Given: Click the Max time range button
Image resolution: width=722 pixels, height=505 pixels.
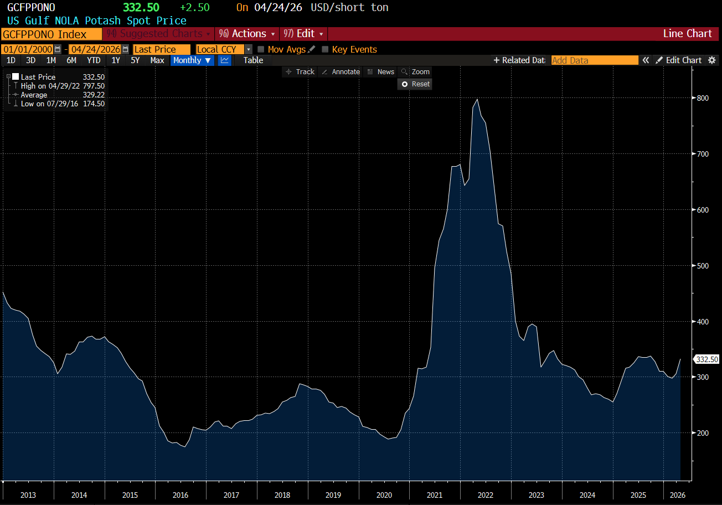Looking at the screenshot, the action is pyautogui.click(x=157, y=60).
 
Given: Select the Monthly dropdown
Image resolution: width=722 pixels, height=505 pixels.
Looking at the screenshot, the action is pyautogui.click(x=192, y=60).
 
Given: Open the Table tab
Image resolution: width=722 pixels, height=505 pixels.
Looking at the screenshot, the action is pyautogui.click(x=253, y=60).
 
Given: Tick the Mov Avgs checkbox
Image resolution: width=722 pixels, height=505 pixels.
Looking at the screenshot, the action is pyautogui.click(x=261, y=49).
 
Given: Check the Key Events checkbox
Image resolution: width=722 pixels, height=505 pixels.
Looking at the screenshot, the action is pyautogui.click(x=325, y=49).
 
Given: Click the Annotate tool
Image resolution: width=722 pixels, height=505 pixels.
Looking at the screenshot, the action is pyautogui.click(x=341, y=72).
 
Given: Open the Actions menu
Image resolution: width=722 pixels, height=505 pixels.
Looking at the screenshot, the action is pyautogui.click(x=247, y=34).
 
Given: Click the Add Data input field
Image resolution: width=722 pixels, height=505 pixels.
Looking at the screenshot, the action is pyautogui.click(x=594, y=60).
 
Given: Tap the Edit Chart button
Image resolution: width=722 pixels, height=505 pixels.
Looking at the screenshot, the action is pyautogui.click(x=679, y=60).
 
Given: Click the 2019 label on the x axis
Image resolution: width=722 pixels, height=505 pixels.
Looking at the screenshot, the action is pyautogui.click(x=333, y=495).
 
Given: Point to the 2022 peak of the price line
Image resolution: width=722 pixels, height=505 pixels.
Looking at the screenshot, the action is pyautogui.click(x=477, y=99).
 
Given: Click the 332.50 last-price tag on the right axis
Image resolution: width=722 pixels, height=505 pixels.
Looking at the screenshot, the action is pyautogui.click(x=706, y=359).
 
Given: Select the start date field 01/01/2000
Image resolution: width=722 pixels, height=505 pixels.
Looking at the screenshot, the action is pyautogui.click(x=28, y=49).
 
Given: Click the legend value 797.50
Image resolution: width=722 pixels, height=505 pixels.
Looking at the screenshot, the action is pyautogui.click(x=94, y=86).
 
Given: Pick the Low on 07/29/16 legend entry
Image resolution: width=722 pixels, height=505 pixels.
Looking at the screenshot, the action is pyautogui.click(x=49, y=104).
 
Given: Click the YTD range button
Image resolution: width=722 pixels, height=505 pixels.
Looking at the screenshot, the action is pyautogui.click(x=94, y=60).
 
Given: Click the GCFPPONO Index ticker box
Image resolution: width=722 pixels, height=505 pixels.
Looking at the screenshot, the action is pyautogui.click(x=51, y=34).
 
